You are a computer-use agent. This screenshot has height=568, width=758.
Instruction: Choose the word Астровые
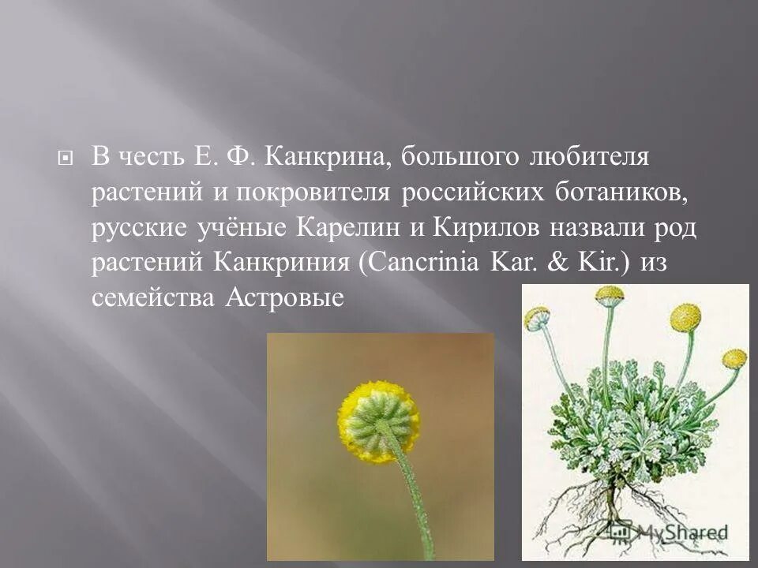click(x=286, y=298)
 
